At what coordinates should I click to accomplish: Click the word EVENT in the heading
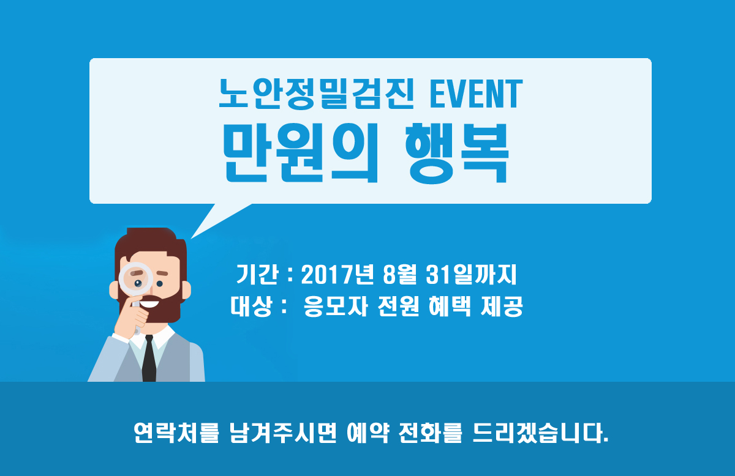pos(476,94)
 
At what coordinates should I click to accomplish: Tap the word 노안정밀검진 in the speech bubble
pos(316,94)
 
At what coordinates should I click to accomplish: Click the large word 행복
pos(457,154)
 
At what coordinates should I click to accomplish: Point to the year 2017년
pos(337,275)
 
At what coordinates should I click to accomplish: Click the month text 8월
pos(399,275)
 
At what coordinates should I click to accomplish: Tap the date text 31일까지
pos(471,275)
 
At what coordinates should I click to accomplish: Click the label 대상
pos(251,306)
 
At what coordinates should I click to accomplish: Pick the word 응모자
pos(335,306)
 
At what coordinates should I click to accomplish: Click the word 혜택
pos(450,306)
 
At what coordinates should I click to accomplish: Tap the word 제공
pos(502,306)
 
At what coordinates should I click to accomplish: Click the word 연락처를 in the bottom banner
pos(176,433)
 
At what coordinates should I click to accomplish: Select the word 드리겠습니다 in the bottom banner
pos(540,433)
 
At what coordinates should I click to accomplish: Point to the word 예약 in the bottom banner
pos(368,433)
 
